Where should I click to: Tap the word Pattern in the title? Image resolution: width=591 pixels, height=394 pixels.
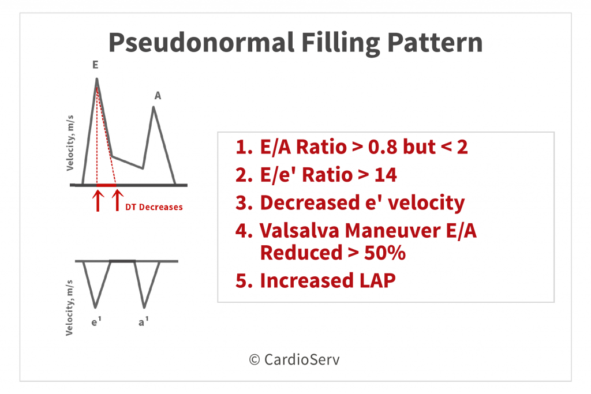(x=435, y=42)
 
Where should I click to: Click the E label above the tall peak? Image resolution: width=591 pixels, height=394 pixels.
(x=95, y=65)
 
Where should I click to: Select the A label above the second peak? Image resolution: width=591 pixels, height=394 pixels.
(x=158, y=96)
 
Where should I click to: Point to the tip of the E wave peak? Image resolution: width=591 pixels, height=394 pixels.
(x=97, y=78)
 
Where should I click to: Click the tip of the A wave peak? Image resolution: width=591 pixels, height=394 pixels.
(x=154, y=107)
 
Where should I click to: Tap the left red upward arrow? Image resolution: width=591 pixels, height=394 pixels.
(x=98, y=200)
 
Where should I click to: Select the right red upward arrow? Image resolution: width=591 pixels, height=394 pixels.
(x=118, y=200)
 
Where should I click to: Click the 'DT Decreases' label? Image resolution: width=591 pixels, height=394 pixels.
(x=154, y=207)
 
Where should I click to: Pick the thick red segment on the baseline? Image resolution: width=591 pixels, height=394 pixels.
(x=106, y=185)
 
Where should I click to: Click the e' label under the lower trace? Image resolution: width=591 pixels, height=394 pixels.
(x=96, y=321)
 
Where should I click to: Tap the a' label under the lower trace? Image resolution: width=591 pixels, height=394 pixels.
(x=144, y=321)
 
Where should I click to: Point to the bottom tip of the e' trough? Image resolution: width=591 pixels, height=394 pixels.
(x=95, y=307)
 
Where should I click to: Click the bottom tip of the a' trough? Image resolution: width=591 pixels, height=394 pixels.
(x=144, y=307)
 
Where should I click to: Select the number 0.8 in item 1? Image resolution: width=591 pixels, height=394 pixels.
(x=383, y=147)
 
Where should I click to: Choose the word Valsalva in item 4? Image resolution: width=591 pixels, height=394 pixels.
(x=300, y=231)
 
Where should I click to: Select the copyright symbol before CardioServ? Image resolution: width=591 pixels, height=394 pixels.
(x=255, y=360)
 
